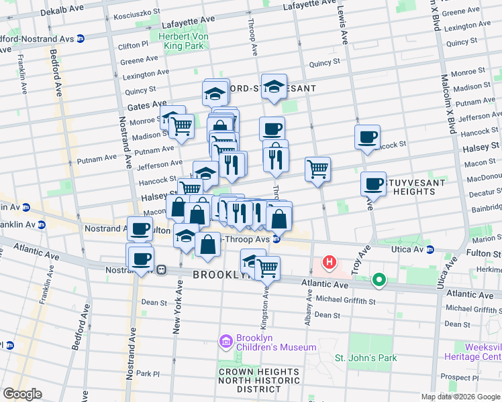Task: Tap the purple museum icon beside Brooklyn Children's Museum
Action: [225, 342]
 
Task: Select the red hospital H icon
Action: [330, 263]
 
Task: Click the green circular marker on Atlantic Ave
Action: [379, 280]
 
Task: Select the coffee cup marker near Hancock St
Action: [367, 137]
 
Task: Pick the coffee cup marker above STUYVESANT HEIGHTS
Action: [374, 183]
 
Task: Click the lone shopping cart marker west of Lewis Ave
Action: [317, 168]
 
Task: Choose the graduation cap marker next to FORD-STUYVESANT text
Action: [274, 86]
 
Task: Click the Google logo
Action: [23, 394]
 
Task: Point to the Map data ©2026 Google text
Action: [461, 397]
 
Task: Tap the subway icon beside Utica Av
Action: [430, 249]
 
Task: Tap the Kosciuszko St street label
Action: [137, 15]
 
